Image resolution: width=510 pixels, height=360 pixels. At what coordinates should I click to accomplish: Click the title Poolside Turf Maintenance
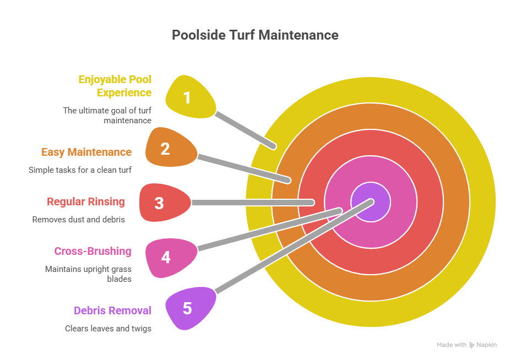(x=255, y=35)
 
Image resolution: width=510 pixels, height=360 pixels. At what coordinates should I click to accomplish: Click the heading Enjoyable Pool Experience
(x=115, y=86)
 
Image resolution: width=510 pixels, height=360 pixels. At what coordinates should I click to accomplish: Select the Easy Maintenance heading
(x=86, y=152)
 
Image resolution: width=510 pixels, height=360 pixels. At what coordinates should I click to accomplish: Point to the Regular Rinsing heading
(x=86, y=201)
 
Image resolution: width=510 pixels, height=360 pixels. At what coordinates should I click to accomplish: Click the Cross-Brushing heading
(x=93, y=252)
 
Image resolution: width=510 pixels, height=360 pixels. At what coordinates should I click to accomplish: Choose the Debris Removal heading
(x=112, y=310)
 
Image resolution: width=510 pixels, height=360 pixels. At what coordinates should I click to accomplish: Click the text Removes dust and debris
(x=78, y=219)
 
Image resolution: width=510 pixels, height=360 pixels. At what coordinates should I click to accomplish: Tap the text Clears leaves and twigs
(x=108, y=328)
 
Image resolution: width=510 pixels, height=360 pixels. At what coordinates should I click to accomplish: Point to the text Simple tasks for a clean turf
(x=80, y=170)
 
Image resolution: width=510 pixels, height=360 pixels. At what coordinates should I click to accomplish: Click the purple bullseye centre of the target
(x=371, y=202)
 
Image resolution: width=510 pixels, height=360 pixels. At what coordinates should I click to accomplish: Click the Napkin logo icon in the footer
(x=471, y=345)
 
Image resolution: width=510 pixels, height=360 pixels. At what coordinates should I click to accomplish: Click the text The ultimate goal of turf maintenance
(x=107, y=115)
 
